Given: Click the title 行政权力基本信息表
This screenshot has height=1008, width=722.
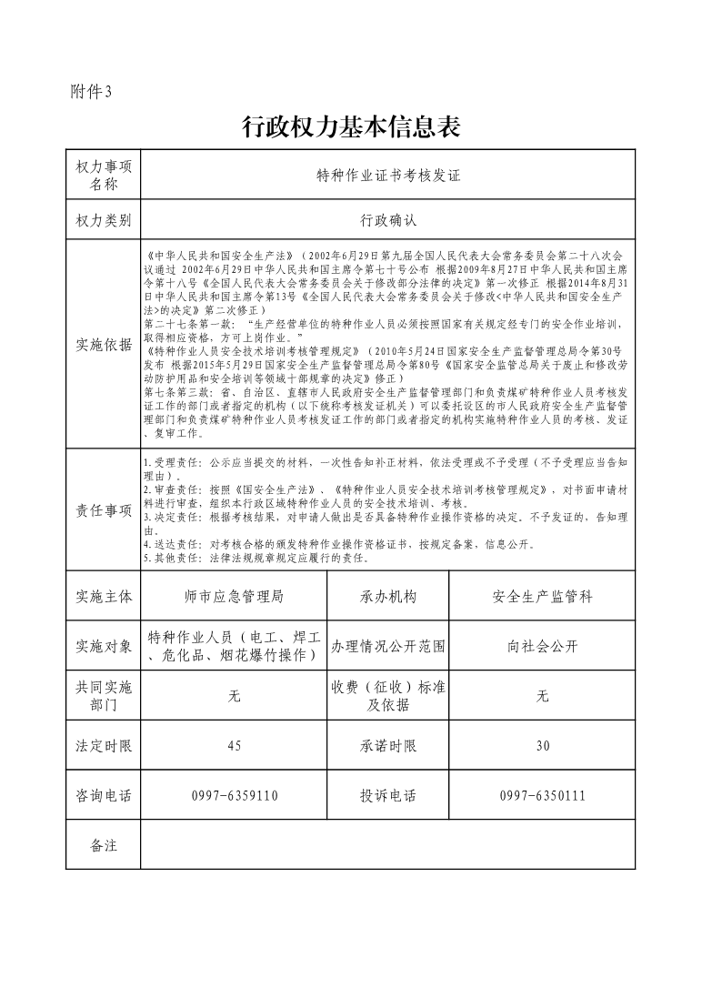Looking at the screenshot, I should (x=351, y=127).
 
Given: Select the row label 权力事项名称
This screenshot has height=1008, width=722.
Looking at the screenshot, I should (x=104, y=176).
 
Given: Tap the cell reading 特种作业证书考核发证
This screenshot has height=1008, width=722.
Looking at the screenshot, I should (x=388, y=176).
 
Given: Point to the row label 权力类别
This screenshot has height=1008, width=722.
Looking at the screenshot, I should (x=104, y=220).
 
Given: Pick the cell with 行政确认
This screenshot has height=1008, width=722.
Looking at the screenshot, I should (x=388, y=220).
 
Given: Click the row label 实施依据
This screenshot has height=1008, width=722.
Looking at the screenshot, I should (x=104, y=345).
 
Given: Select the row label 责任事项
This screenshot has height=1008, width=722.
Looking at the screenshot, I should (x=104, y=510).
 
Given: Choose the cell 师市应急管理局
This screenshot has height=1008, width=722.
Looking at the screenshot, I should (x=235, y=597).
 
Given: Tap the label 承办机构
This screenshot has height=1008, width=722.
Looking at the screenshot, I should (x=388, y=597).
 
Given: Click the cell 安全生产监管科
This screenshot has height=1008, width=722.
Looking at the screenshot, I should (x=543, y=597).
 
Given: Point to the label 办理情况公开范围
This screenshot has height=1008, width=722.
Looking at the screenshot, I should (x=388, y=647).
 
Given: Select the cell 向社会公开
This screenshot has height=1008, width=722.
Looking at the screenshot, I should (x=543, y=647).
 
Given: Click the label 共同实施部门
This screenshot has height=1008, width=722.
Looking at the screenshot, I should (x=104, y=696).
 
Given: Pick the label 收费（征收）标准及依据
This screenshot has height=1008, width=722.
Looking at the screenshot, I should (x=388, y=696).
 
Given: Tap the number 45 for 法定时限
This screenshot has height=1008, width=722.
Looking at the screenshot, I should (x=235, y=746).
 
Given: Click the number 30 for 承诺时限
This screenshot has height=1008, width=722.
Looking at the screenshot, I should (x=543, y=746).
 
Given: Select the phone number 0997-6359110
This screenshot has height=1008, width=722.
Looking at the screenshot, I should (x=235, y=796).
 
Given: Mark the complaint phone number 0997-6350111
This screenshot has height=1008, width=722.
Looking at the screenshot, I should (x=543, y=796).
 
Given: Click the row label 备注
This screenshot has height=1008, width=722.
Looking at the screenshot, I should (x=104, y=845).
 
